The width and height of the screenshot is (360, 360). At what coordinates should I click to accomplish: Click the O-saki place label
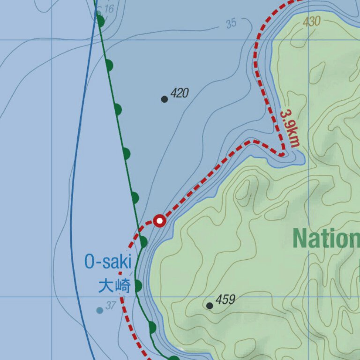pos(108,262)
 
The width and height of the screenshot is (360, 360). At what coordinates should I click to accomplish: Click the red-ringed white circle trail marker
pos(160,220)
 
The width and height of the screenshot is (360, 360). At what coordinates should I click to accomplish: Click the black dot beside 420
pos(165,99)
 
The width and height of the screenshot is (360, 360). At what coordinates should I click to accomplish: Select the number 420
pos(180,93)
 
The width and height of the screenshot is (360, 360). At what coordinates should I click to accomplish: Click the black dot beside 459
pos(210,306)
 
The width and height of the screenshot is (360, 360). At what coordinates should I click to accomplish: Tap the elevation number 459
pos(225,299)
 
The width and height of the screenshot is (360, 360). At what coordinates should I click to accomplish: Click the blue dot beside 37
pos(99,310)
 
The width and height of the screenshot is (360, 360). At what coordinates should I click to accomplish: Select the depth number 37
pos(111,306)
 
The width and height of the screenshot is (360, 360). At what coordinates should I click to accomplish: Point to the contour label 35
pos(231,23)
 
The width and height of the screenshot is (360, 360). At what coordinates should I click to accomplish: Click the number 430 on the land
pos(311,21)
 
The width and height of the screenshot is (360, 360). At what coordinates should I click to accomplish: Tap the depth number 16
pos(109,9)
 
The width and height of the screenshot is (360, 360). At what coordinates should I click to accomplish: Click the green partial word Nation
pos(326,239)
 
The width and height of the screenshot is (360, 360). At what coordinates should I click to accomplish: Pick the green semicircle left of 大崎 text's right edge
pos(138,285)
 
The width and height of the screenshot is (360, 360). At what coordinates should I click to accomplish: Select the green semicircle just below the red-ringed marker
pos(143,242)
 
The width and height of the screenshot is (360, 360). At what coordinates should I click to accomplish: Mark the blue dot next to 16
pos(99,13)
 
